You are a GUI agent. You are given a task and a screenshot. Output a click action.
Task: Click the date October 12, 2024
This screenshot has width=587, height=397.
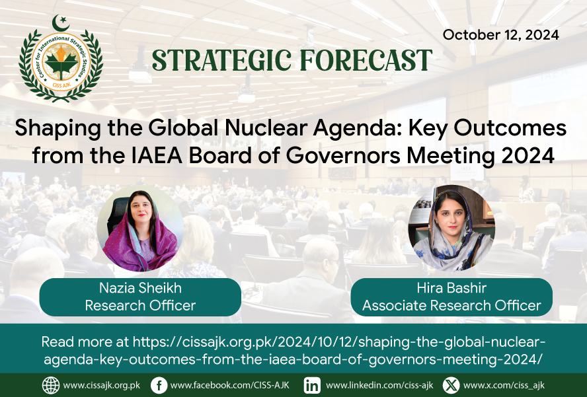click(x=501, y=35)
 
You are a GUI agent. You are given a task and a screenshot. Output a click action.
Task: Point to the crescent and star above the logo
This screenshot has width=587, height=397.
click(x=61, y=23)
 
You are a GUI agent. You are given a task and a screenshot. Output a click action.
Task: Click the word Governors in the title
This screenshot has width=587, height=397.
click(x=343, y=156)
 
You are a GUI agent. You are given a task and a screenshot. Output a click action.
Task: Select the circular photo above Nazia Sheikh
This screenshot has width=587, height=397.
click(x=140, y=229)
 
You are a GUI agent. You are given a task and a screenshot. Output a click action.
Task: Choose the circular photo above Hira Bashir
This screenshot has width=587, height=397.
click(x=451, y=229)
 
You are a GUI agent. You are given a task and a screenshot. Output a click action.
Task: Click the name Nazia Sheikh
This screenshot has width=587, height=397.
click(x=140, y=288)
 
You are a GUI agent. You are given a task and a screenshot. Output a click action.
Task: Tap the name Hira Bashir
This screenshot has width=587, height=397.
click(x=451, y=288)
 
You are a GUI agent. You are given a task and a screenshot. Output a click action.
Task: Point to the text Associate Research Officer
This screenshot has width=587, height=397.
click(x=451, y=306)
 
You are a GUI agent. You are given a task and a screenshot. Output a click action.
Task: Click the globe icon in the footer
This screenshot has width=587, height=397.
click(x=51, y=385)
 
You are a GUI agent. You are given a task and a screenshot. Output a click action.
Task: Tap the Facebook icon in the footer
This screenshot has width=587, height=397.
click(x=159, y=385)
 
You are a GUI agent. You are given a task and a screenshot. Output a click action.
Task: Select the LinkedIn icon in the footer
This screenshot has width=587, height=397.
click(x=312, y=385)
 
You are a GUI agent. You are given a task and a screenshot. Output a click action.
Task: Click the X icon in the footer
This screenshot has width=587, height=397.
click(x=451, y=385)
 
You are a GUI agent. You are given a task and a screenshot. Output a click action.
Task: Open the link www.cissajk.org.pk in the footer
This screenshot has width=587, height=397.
click(x=101, y=385)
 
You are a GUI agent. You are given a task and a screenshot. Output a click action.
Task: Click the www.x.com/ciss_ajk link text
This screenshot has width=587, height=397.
click(x=504, y=385)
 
